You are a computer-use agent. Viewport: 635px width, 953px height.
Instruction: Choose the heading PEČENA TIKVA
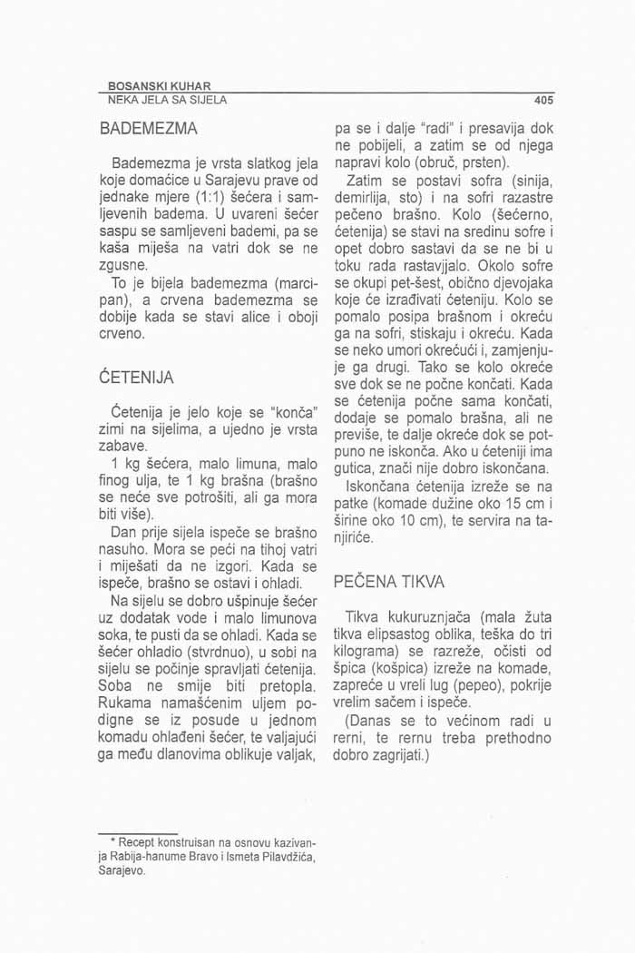[x=388, y=579]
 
